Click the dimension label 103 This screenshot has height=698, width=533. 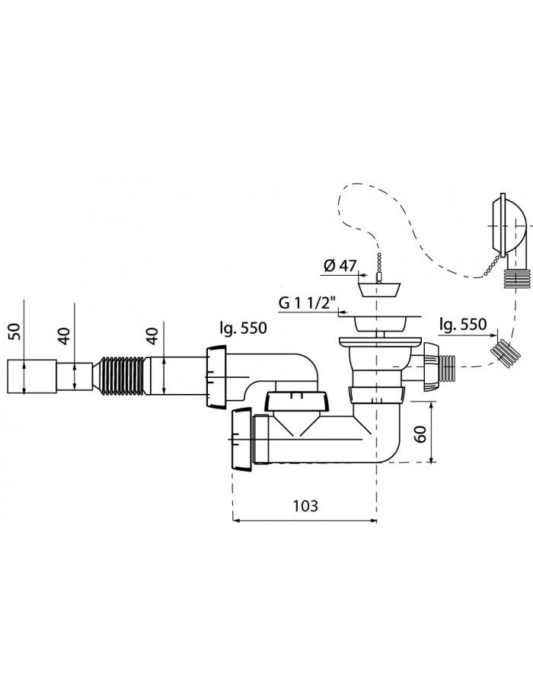305,506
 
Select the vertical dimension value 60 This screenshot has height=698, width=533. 421,434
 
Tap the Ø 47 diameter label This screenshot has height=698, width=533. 340,266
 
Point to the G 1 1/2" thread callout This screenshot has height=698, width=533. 309,303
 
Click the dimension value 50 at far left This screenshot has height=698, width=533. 14,331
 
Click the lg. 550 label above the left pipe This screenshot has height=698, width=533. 243,328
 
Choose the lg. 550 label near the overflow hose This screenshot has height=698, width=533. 463,324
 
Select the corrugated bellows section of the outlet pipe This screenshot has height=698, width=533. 123,375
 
